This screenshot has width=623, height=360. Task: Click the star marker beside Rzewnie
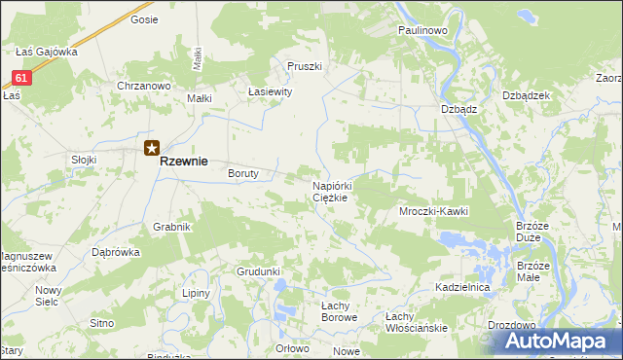[x=152, y=149]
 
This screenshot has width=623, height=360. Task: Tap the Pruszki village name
[x=304, y=66]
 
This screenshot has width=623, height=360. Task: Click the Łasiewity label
[x=271, y=92]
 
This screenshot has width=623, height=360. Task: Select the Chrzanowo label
[x=143, y=87]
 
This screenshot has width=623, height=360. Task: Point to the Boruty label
[x=242, y=174]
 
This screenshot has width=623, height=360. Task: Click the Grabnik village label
[x=170, y=227]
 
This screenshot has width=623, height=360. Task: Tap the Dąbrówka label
[x=116, y=251]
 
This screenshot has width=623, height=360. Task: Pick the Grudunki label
[x=258, y=271]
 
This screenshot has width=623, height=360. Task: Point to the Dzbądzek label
[x=528, y=95]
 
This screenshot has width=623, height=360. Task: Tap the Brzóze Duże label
[x=534, y=232]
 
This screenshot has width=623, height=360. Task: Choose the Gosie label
[x=144, y=19]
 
